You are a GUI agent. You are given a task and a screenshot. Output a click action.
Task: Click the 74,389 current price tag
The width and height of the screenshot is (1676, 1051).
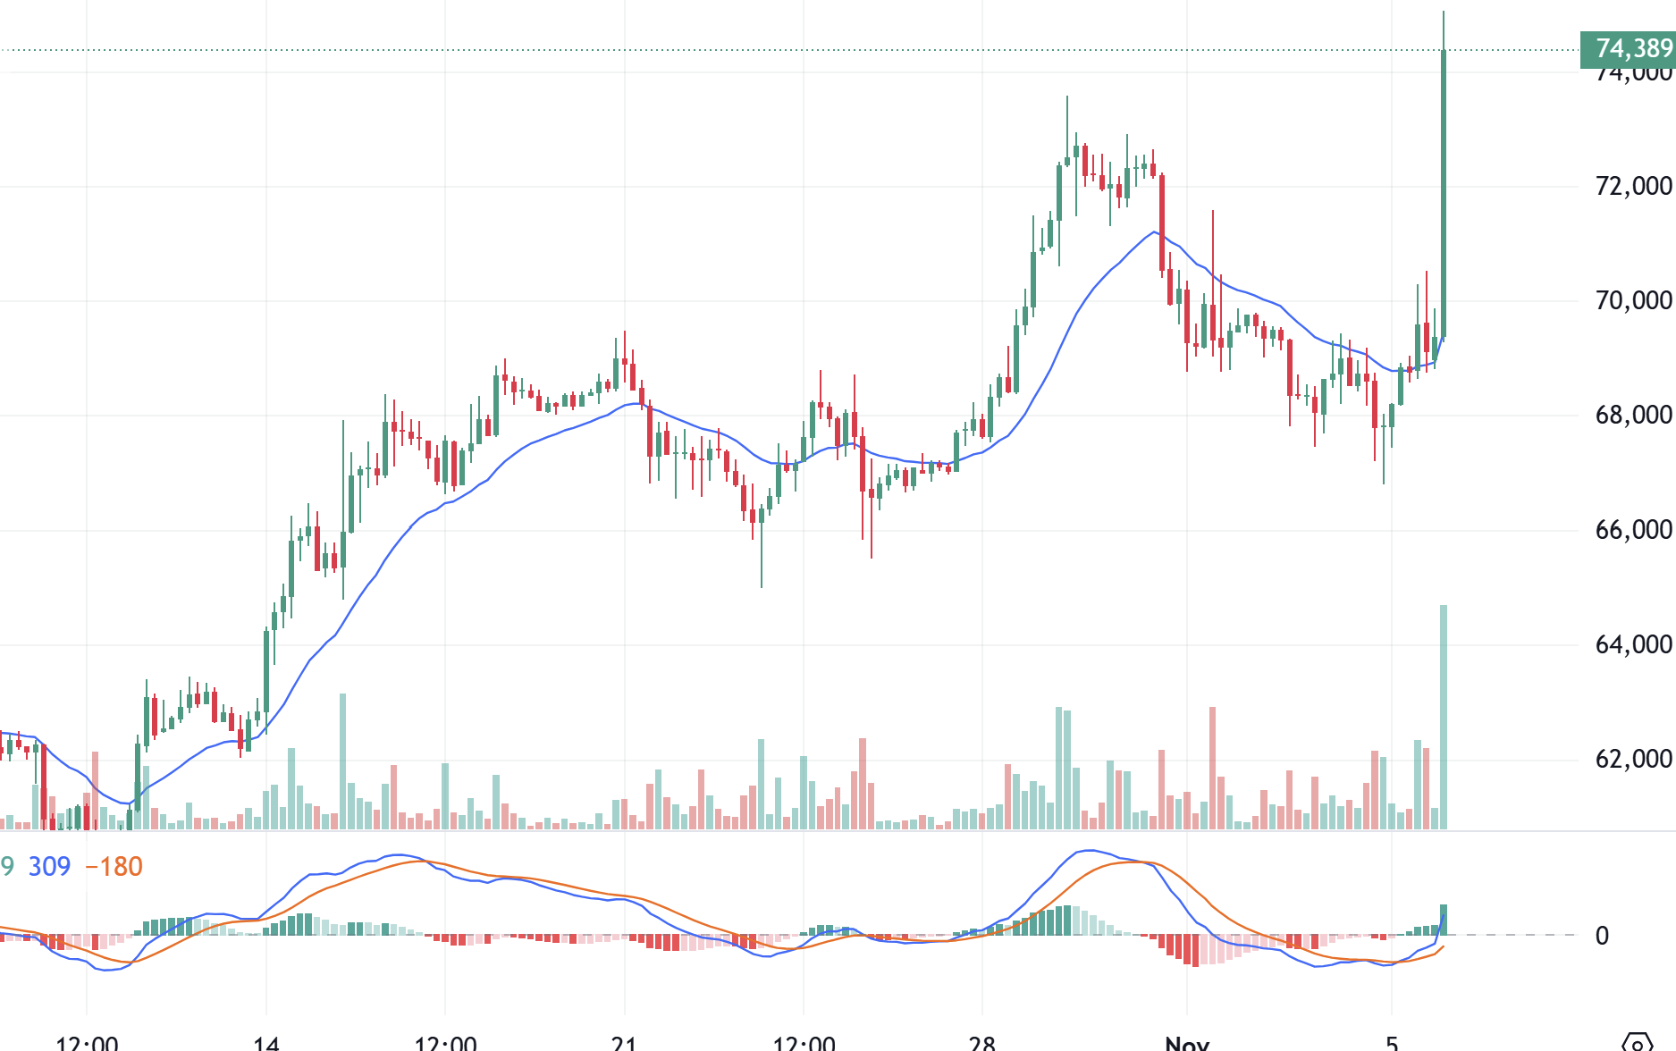1628,48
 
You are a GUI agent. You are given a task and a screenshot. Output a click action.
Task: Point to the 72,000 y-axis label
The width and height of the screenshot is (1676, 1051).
1633,186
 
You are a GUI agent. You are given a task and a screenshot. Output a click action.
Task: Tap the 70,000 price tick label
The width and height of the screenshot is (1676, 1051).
1633,300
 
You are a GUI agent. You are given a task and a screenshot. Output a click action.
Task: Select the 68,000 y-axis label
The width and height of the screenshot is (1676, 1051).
1633,415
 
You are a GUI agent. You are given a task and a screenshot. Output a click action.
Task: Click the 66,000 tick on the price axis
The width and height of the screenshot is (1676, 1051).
1633,530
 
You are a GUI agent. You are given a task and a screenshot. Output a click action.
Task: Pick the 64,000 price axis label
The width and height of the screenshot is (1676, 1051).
1633,644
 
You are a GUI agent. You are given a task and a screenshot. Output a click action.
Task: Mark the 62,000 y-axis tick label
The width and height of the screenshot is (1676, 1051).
1633,759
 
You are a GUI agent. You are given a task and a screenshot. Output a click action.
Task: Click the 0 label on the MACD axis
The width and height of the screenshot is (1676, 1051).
1602,936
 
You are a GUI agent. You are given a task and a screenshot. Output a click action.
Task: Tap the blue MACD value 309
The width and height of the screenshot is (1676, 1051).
49,866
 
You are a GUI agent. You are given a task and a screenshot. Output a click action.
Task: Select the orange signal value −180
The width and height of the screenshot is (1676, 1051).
114,866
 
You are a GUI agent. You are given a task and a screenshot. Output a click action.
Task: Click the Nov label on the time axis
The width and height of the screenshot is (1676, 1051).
1187,1042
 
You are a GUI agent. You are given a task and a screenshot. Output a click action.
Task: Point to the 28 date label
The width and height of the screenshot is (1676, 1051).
981,1042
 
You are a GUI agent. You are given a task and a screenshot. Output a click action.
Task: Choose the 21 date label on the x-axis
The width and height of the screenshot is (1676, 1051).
624,1042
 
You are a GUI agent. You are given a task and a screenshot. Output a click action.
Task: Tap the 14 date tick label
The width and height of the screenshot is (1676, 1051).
266,1042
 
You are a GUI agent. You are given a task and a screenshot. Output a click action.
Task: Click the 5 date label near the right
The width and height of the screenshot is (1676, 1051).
1392,1042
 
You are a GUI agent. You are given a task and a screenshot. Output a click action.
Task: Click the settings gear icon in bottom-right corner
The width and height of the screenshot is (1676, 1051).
1638,1042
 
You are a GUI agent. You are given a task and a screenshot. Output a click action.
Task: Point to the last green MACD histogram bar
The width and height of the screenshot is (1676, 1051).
1443,920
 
